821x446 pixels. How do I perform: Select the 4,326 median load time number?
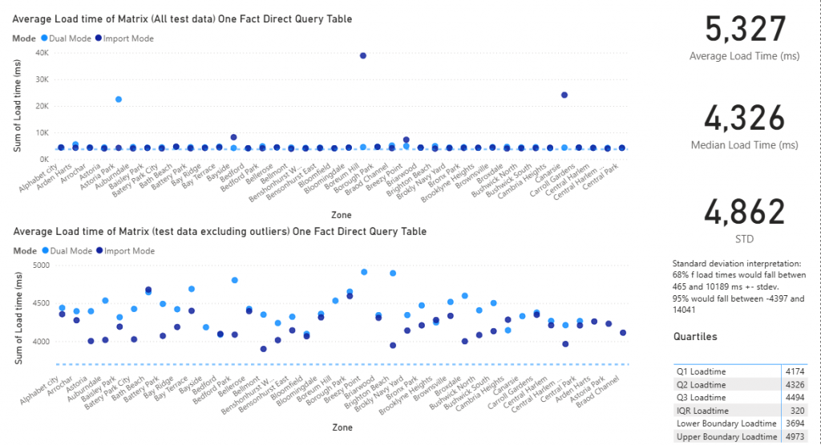pyautogui.click(x=746, y=119)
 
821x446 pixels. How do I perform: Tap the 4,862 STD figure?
pyautogui.click(x=746, y=213)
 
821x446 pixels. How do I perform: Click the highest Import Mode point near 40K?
pyautogui.click(x=363, y=55)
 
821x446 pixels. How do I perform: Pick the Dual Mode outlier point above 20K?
pyautogui.click(x=118, y=99)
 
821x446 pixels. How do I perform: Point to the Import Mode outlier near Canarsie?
pyautogui.click(x=564, y=95)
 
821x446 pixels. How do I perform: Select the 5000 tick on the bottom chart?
pyautogui.click(x=40, y=265)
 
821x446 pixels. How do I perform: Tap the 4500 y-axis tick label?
pyautogui.click(x=40, y=303)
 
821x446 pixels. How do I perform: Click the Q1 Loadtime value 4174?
pyautogui.click(x=795, y=371)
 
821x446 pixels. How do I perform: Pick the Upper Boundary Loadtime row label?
pyautogui.click(x=725, y=436)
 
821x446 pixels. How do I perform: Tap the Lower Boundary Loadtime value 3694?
pyautogui.click(x=795, y=423)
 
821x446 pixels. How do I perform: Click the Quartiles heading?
pyautogui.click(x=694, y=338)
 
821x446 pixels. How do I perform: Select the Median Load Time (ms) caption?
pyautogui.click(x=746, y=145)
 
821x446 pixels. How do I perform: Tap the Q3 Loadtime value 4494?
pyautogui.click(x=795, y=397)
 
